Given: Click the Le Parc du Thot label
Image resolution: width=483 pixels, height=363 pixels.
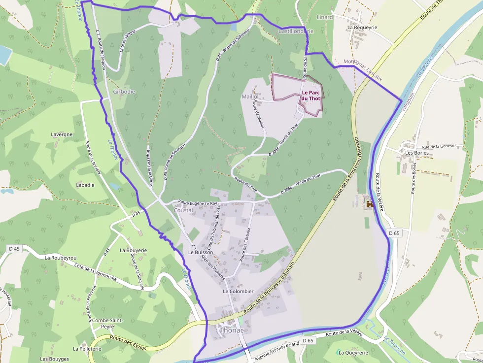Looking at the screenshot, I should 311,96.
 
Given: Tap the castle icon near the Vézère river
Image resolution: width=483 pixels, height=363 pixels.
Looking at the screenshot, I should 368,204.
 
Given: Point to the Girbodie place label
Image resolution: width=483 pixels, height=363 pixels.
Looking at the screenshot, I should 124,92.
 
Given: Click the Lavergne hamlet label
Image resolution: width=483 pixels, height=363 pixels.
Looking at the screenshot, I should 62,134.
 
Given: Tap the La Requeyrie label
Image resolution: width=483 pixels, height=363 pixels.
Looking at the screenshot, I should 362,28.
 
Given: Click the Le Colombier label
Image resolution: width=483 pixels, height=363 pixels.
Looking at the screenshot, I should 238,292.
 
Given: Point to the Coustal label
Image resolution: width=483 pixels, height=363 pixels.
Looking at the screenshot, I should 183,210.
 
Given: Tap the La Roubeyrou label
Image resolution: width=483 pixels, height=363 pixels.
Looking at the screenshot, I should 61,258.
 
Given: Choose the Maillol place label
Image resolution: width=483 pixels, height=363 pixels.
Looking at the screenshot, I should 250,97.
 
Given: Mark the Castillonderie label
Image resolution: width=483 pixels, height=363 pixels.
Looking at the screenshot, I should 296,31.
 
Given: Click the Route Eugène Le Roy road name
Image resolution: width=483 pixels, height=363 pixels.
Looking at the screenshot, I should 198,202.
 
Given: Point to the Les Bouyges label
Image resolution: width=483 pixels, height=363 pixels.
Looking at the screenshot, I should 55,359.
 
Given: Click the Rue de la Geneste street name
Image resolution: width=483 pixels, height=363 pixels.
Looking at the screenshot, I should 442,147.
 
